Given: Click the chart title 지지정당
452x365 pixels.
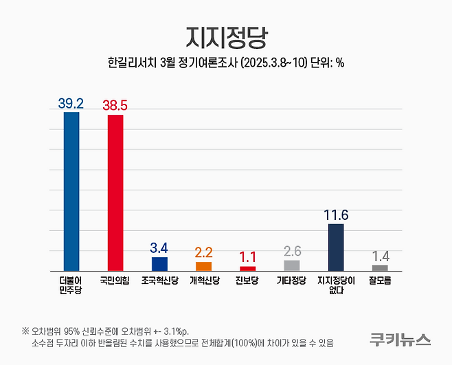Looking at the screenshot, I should click(225, 36).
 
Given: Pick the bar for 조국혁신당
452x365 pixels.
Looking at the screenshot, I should click(159, 263).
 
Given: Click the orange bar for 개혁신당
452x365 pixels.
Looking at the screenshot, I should click(203, 265).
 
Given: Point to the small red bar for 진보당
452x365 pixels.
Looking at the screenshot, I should click(247, 267).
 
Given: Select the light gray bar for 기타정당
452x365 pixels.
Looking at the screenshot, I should click(291, 265).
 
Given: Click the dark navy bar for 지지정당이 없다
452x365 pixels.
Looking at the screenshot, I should click(336, 247).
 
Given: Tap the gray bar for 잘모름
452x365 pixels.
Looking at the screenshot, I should click(380, 267).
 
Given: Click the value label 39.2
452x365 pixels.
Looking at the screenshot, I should click(71, 103).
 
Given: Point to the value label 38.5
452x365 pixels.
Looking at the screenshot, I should click(115, 105).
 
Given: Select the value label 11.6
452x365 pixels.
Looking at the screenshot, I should click(336, 215).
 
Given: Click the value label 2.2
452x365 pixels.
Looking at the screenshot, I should click(203, 253).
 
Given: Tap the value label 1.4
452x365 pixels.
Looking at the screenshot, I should click(380, 256).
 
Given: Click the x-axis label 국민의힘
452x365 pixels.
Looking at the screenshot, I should click(115, 280).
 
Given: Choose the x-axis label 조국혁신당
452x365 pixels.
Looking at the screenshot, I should click(159, 280).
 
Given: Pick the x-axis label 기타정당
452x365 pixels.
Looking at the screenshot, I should click(291, 280).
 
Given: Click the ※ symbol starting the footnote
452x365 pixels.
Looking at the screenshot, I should click(25, 329).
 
